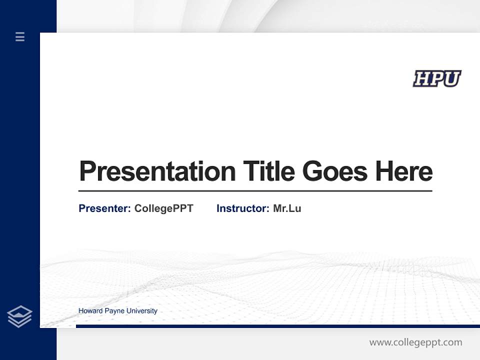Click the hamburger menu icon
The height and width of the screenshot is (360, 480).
(x=20, y=36)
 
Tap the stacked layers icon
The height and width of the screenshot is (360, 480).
(x=19, y=316)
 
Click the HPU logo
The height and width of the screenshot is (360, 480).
(x=437, y=78)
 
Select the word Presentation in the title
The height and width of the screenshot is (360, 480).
(x=157, y=171)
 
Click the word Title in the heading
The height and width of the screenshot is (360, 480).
(x=268, y=171)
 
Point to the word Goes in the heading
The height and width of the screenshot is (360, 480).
(x=334, y=171)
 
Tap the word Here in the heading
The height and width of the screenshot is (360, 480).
(x=403, y=171)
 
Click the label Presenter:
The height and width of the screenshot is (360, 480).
(x=104, y=208)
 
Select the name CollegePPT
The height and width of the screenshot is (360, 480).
(x=163, y=208)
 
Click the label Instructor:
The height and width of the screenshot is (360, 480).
(x=242, y=208)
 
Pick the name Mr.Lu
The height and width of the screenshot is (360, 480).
(x=287, y=208)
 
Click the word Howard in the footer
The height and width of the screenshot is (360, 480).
(x=90, y=311)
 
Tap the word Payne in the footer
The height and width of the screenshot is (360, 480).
(x=114, y=311)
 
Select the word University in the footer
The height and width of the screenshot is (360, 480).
(x=141, y=311)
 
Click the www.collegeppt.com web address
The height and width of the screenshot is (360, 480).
(x=415, y=342)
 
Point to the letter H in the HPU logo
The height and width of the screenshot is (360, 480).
(x=422, y=78)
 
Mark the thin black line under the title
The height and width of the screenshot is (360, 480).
(x=255, y=191)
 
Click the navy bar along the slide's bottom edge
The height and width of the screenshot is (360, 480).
(x=277, y=326)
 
